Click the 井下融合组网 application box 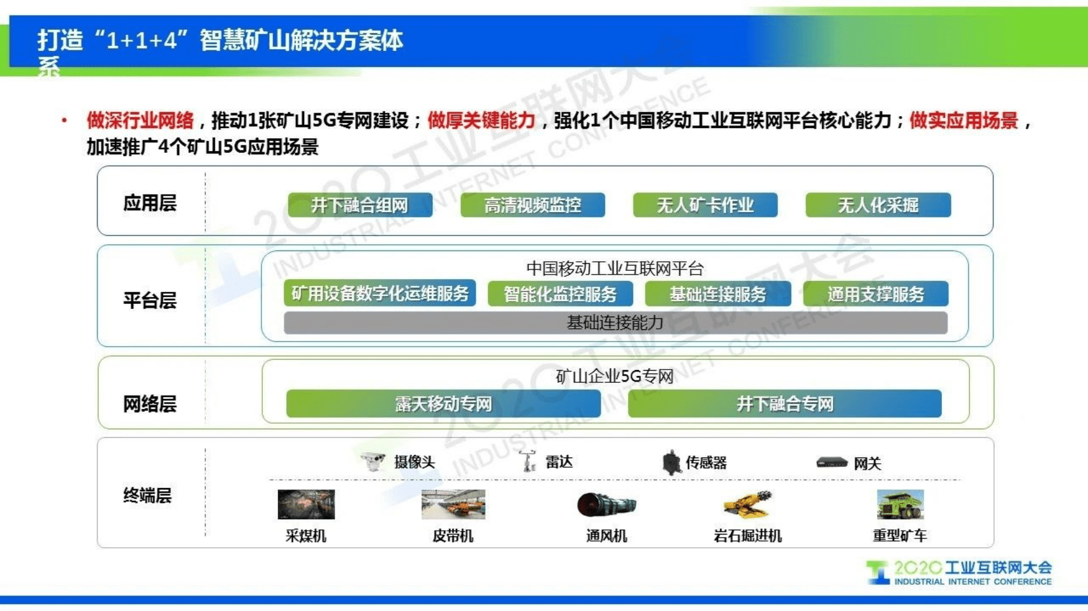coord(360,205)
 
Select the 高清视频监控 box coord(533,205)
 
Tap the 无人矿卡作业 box coord(705,205)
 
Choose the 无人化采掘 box coord(878,205)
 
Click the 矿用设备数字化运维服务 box coord(379,294)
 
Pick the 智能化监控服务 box coord(560,294)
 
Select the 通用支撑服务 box coord(875,294)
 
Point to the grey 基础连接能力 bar coord(615,323)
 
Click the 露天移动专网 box coord(443,404)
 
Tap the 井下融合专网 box coord(784,404)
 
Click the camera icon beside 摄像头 coord(373,461)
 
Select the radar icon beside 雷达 coord(528,461)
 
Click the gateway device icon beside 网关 coord(832,463)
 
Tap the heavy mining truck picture coord(900,505)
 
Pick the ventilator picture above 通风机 coord(606,505)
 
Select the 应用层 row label coord(150,203)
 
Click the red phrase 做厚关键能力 coord(481,120)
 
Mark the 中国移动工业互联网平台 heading coord(614,268)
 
